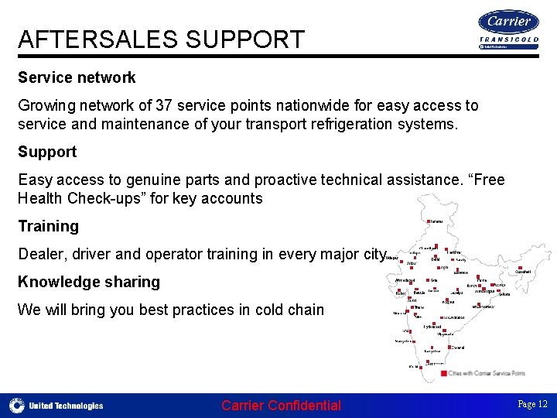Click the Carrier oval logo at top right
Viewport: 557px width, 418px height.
(508, 22)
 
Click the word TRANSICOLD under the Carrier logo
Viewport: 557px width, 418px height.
(508, 39)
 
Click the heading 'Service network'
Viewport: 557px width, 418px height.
(77, 77)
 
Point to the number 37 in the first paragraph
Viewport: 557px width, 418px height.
(165, 105)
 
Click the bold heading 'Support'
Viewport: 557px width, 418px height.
(47, 152)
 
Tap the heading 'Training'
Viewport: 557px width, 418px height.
(48, 226)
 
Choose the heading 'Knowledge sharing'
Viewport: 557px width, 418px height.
(89, 282)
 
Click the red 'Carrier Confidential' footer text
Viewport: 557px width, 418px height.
(281, 405)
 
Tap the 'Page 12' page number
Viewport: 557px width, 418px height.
(532, 404)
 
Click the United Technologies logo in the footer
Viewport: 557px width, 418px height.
(56, 405)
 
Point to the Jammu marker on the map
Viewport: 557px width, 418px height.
(426, 221)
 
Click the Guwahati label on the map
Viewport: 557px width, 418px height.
(524, 272)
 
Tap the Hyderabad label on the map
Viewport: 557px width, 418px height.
(432, 327)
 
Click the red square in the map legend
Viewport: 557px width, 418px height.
(443, 373)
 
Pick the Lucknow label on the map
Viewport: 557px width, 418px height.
(461, 272)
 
